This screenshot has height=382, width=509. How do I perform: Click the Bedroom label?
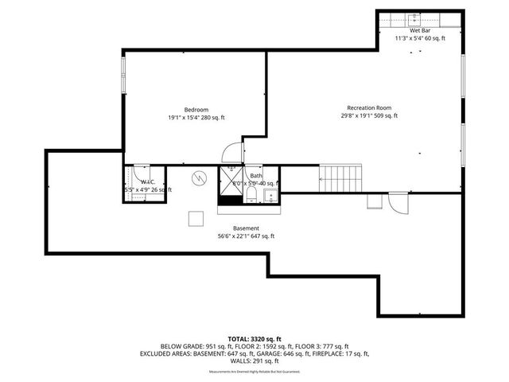pyautogui.click(x=196, y=109)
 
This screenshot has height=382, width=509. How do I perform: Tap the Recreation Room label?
pyautogui.click(x=368, y=107)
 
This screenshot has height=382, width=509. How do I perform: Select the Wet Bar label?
pyautogui.click(x=420, y=29)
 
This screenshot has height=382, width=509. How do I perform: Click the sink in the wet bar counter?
pyautogui.click(x=414, y=19)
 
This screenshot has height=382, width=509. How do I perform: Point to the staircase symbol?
pyautogui.click(x=340, y=177)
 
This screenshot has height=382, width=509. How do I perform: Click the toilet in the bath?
pyautogui.click(x=251, y=195)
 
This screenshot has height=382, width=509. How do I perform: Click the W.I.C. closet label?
pyautogui.click(x=136, y=181)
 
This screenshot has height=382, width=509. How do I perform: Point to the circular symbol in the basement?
pyautogui.click(x=200, y=177)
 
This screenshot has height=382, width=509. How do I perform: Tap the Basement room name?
pyautogui.click(x=246, y=228)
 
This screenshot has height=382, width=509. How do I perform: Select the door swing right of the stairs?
pyautogui.click(x=397, y=204)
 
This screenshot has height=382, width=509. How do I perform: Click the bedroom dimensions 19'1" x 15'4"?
pyautogui.click(x=196, y=117)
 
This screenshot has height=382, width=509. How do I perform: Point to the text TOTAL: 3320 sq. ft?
pyautogui.click(x=254, y=338)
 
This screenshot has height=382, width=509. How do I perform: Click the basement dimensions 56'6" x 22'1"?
pyautogui.click(x=246, y=236)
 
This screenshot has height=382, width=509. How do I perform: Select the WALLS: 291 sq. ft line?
pyautogui.click(x=254, y=362)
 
